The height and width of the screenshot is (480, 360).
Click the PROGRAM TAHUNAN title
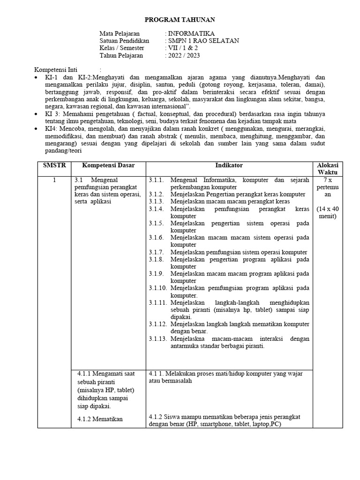click(180, 19)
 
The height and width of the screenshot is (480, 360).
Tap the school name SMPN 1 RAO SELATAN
click(203, 41)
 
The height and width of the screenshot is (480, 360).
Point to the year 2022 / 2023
click(184, 55)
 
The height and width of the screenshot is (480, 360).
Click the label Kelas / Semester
click(122, 48)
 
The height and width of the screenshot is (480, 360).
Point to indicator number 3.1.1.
click(157, 180)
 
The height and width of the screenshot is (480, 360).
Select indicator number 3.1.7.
click(157, 252)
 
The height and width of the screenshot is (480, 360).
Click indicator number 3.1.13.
click(158, 338)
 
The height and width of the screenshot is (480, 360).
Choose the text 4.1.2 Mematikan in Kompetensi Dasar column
click(100, 419)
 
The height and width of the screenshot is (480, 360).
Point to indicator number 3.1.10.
click(158, 288)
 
